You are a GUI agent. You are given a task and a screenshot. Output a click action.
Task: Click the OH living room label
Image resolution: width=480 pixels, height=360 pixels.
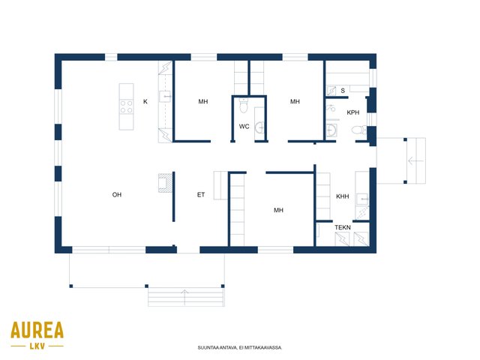[x=117, y=195]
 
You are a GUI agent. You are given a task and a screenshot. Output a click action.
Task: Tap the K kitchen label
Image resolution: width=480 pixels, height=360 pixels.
[x=145, y=102]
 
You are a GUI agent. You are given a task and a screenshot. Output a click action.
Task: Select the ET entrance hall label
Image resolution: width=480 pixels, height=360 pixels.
[x=201, y=195]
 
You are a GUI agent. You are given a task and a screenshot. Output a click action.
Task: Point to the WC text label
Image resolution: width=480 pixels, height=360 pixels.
[x=244, y=127]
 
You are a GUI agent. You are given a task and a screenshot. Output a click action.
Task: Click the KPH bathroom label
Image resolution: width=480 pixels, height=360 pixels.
[x=353, y=112]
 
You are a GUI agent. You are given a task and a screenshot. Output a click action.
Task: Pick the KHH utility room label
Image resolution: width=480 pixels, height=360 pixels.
[x=343, y=196]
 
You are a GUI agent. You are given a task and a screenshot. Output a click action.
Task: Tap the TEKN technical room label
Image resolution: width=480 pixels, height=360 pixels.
[x=343, y=227]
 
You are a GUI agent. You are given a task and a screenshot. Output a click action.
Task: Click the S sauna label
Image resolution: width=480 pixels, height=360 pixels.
[x=343, y=91]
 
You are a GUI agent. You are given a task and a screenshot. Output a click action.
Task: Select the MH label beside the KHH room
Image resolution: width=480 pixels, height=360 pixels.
[x=278, y=210]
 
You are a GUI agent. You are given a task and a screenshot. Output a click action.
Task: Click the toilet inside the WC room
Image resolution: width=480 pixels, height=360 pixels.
[x=244, y=106]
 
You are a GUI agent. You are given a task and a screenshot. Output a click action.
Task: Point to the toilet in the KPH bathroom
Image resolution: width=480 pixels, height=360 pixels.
[x=358, y=130]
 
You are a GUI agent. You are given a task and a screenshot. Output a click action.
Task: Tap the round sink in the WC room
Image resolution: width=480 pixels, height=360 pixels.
[x=259, y=127]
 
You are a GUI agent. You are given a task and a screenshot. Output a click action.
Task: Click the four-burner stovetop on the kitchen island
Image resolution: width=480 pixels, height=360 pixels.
[x=126, y=106]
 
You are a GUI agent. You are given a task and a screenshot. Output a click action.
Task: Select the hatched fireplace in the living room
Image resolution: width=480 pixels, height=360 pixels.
[x=165, y=183]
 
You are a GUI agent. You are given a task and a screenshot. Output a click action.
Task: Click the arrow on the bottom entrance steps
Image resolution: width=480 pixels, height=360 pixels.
[x=185, y=297]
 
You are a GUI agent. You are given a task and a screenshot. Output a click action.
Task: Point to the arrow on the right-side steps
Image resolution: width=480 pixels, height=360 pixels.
[x=415, y=160]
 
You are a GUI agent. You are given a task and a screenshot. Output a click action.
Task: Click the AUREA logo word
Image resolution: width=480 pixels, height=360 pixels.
[x=37, y=330]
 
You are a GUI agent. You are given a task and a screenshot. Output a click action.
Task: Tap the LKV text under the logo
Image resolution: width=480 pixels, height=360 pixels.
[x=37, y=346]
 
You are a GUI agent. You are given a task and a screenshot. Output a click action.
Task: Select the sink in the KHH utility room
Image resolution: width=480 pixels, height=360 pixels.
[x=362, y=199]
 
